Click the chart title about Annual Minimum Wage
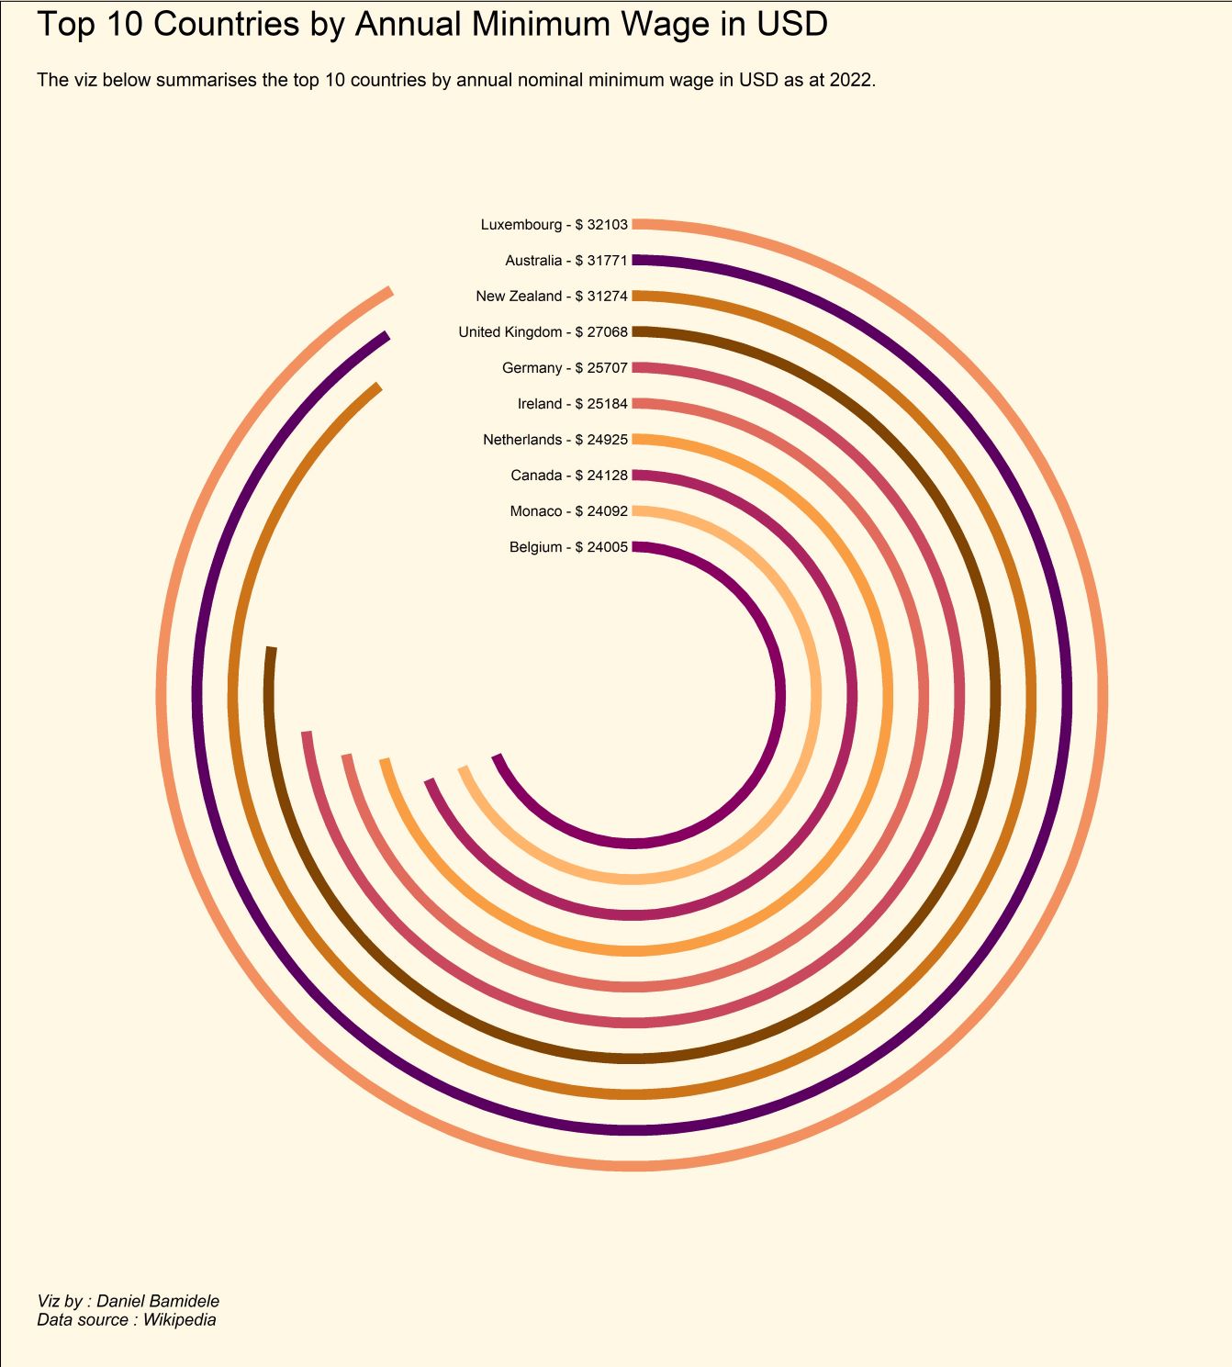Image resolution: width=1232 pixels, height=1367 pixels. (431, 25)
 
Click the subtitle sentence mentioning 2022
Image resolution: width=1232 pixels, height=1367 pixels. (456, 80)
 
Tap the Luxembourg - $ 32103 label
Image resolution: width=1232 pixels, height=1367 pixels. (554, 225)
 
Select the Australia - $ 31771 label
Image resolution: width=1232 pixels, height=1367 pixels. (566, 261)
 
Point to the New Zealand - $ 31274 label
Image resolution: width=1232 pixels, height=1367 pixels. (551, 297)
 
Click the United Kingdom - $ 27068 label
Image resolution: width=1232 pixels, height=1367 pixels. (543, 332)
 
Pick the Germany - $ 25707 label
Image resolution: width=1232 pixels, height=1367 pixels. (565, 368)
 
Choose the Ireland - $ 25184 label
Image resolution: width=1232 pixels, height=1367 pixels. (572, 404)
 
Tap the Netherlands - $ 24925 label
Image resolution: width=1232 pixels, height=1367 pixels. (554, 440)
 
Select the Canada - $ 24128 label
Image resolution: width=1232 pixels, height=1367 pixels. (568, 476)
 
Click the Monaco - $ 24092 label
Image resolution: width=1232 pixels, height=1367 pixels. (568, 511)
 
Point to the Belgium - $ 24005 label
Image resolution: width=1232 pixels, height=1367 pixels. (568, 547)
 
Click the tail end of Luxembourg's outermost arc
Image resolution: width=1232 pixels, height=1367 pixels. (389, 293)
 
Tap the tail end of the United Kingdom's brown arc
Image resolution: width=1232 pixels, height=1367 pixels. (271, 651)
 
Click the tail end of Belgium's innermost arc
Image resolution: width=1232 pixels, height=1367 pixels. (498, 758)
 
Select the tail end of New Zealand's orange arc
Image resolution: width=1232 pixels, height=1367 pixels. (376, 388)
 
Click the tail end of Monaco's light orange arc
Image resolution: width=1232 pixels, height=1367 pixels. (464, 770)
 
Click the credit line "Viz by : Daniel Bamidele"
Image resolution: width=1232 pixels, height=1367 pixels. (128, 1301)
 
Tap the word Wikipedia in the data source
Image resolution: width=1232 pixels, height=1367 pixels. (179, 1320)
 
